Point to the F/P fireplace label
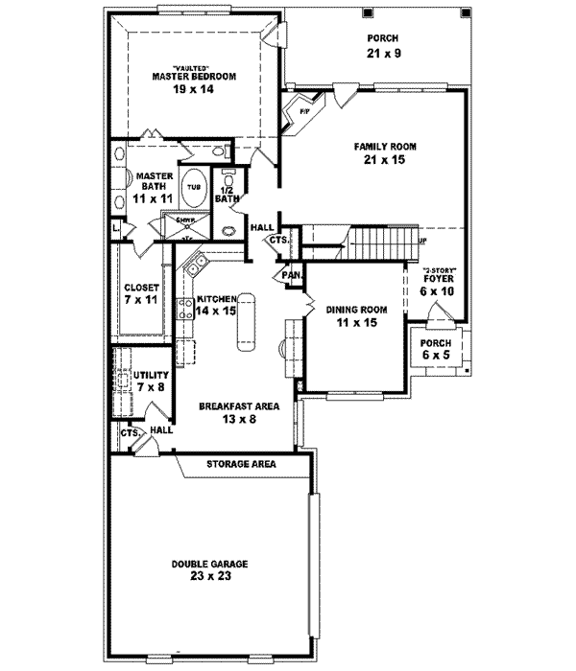[x=305, y=112]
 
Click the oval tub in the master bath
[x=195, y=186]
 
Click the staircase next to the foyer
[x=379, y=239]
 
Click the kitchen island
[x=248, y=324]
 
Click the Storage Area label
[x=241, y=464]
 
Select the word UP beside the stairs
[x=423, y=241]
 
